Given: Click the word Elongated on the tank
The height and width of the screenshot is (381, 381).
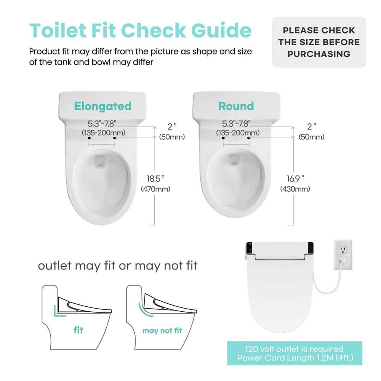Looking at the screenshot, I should click(x=102, y=106).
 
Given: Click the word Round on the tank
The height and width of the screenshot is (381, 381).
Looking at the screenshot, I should click(x=236, y=106).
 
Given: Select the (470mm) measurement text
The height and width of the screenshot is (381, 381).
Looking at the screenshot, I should click(x=155, y=189).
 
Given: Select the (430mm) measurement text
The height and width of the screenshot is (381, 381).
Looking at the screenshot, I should click(x=295, y=189).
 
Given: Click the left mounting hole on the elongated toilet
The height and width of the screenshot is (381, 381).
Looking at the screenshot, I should click(x=89, y=138).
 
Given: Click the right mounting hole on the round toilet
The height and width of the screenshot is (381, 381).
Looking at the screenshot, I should click(x=248, y=138).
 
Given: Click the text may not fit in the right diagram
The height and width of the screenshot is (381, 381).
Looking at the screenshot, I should click(x=162, y=331).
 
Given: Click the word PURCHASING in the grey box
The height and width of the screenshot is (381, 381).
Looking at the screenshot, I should click(x=319, y=54).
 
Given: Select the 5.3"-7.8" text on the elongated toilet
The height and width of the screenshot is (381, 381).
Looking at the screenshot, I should click(x=102, y=123).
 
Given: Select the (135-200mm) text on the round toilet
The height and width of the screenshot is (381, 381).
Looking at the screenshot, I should click(x=238, y=133).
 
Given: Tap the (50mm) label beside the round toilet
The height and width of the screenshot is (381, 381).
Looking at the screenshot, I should click(x=311, y=137).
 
